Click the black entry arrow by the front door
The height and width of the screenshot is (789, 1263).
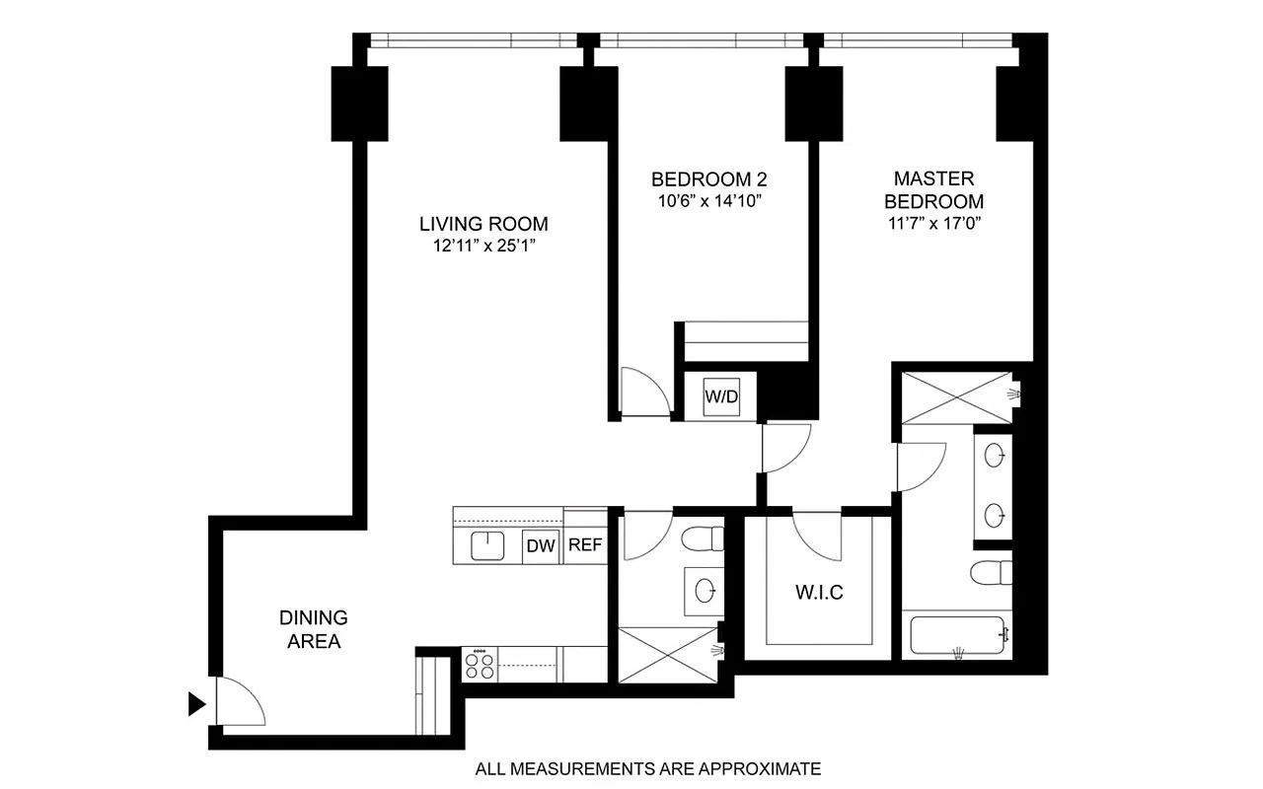pos(197,703)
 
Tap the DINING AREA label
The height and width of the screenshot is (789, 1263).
pos(314,629)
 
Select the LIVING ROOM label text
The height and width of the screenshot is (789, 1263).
pos(483,224)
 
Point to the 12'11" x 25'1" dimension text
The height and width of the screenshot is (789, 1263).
pos(483,246)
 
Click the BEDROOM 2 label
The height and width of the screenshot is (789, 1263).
pos(709,179)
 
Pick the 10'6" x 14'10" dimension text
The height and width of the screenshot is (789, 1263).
pos(709,201)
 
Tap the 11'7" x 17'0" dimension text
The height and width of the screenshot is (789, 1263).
pos(933,223)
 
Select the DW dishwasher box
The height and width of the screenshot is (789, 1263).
pos(540,545)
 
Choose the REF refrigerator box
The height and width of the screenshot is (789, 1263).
pos(584,545)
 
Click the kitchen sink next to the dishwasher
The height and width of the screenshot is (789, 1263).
pos(487,545)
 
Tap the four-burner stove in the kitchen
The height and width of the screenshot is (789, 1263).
pos(481,663)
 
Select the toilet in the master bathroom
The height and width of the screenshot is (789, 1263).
pos(991,572)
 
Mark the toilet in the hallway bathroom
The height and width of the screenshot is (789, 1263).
pos(704,539)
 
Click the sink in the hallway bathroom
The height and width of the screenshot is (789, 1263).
pos(706,591)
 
